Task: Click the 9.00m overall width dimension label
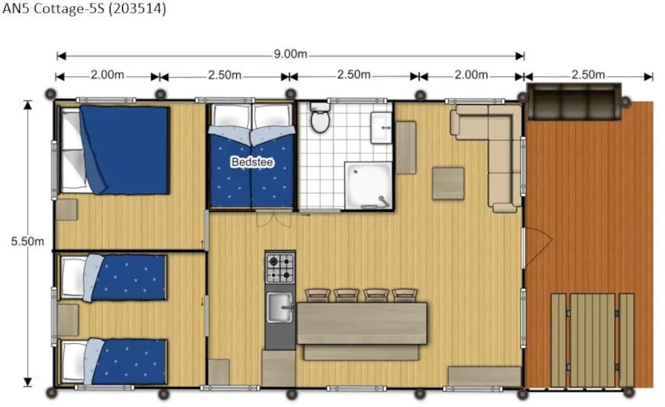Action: click(290, 54)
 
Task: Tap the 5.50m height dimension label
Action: click(27, 241)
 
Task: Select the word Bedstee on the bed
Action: click(253, 162)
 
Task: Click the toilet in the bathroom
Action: click(320, 116)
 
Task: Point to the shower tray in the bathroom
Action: click(368, 185)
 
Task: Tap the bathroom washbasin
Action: click(382, 128)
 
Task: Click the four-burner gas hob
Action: click(280, 268)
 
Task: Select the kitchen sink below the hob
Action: click(280, 307)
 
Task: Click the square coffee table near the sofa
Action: click(448, 183)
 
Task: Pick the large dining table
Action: click(362, 323)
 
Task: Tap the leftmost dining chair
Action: click(318, 296)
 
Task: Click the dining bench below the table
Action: click(362, 352)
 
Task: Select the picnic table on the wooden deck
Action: click(593, 341)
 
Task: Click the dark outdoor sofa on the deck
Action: click(574, 101)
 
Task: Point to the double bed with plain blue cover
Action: click(115, 150)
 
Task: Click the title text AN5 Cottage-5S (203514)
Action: click(84, 8)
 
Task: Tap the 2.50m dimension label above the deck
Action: click(588, 75)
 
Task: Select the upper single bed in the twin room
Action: click(113, 277)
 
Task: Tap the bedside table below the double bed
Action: click(66, 209)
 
